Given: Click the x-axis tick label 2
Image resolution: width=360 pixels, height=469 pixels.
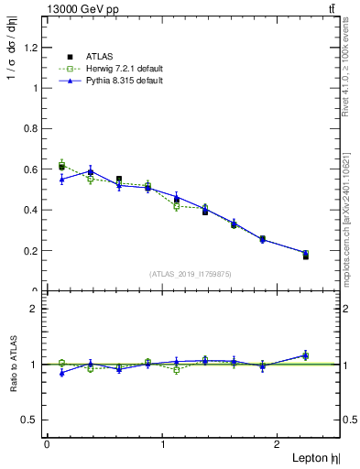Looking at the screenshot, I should click(280, 445).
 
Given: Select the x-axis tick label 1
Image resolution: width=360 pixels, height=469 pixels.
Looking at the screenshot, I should click(163, 445).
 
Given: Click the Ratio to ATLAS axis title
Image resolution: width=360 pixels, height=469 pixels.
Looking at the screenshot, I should click(12, 365).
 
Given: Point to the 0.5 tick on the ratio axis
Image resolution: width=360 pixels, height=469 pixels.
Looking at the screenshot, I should click(35, 420).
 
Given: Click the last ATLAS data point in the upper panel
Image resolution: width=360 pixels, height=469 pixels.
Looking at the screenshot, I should click(305, 256).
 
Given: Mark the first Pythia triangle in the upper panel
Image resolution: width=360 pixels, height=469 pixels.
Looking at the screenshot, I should click(61, 179).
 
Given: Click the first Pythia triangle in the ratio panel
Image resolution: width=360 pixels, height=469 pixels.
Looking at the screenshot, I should click(61, 373).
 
